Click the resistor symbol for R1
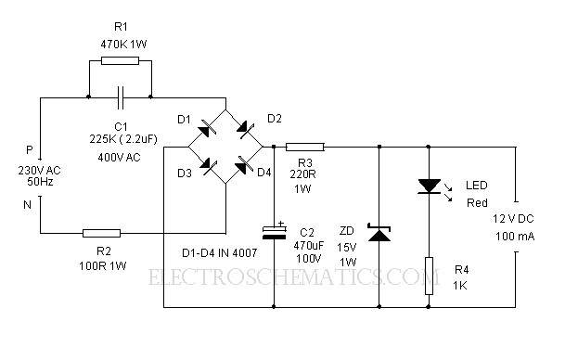tap(119, 60)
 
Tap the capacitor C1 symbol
tap(119, 95)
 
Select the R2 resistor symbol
tap(101, 234)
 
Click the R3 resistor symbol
tap(304, 146)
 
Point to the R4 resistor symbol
tap(428, 276)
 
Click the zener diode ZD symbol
tap(379, 232)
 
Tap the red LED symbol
tap(428, 186)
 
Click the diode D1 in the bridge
tap(207, 128)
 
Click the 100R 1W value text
tap(102, 266)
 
